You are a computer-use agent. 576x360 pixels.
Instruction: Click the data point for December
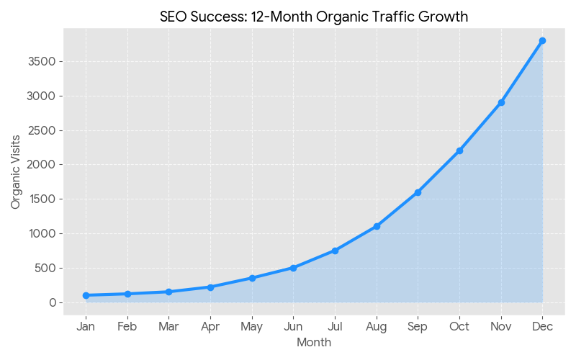(x=542, y=41)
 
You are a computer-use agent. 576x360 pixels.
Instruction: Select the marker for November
(x=501, y=103)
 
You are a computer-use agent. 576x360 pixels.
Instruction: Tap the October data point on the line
(x=459, y=150)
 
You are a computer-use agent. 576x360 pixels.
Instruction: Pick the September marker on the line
(x=418, y=192)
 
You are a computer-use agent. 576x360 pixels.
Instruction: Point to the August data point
(x=377, y=226)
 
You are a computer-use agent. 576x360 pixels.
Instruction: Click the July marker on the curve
(x=335, y=251)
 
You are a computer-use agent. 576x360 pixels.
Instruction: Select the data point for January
(x=86, y=295)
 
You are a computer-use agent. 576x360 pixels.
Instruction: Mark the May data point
(x=252, y=278)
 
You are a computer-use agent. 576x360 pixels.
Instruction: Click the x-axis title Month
(x=314, y=343)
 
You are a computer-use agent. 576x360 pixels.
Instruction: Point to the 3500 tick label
(x=41, y=62)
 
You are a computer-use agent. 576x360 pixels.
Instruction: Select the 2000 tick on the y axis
(x=41, y=165)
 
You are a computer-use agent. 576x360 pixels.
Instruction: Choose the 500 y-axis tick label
(x=45, y=268)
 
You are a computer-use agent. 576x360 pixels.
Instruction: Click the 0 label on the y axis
(x=52, y=302)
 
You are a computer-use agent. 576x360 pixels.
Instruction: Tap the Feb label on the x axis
(x=127, y=327)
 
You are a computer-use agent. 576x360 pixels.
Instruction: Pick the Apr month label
(x=210, y=327)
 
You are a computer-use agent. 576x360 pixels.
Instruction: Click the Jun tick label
(x=293, y=327)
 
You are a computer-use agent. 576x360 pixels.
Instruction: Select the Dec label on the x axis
(x=542, y=327)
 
